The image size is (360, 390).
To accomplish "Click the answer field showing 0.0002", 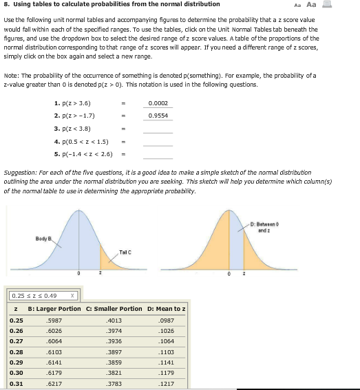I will click(158, 103).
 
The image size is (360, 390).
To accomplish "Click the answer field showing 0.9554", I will click(158, 116).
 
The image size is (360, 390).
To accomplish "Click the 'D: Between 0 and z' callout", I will click(324, 209).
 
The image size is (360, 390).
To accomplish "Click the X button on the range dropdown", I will click(72, 296).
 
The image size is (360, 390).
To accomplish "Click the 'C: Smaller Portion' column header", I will click(114, 309).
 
